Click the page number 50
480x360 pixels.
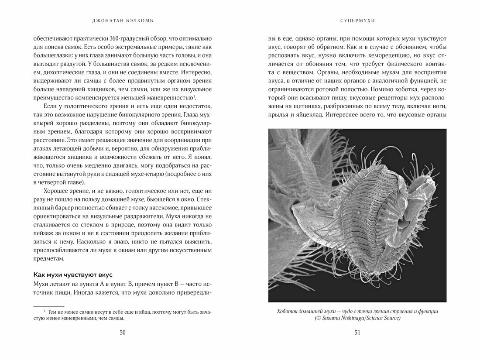122,333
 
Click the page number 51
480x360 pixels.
357,333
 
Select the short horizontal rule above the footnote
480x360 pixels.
48,306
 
